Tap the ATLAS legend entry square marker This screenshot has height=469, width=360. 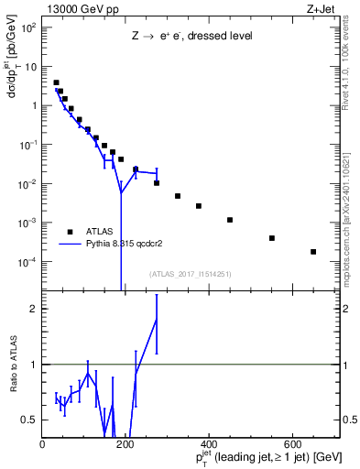(x=70, y=232)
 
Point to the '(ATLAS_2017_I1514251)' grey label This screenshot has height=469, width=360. (x=191, y=274)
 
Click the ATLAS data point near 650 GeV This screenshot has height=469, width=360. (x=313, y=252)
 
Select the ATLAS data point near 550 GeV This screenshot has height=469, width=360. (x=272, y=238)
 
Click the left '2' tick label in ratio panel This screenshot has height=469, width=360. (x=36, y=308)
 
